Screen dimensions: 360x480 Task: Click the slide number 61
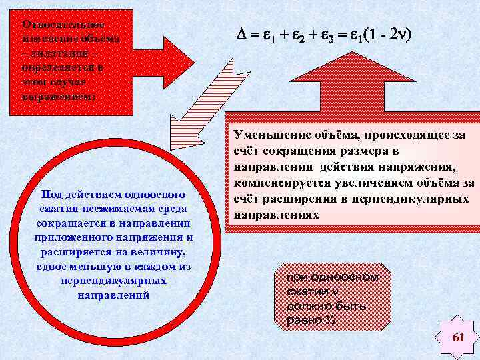[x=457, y=338]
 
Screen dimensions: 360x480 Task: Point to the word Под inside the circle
[x=51, y=194]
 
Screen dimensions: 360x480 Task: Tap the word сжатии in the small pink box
[x=305, y=291]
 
